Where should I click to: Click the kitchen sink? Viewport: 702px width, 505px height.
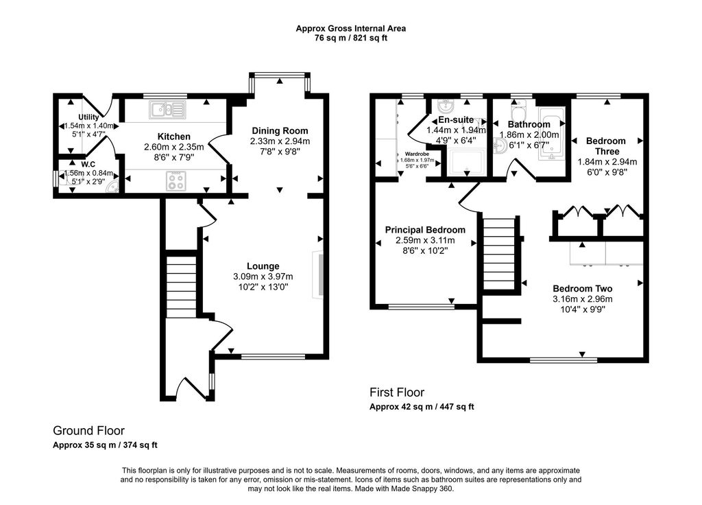tap(168, 108)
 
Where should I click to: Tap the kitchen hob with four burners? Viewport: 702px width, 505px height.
tap(176, 181)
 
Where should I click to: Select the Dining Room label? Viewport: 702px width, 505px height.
tap(280, 131)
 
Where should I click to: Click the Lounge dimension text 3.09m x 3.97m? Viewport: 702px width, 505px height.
tap(263, 277)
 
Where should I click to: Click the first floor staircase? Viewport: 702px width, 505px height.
tap(499, 254)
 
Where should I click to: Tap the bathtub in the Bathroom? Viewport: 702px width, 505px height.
tap(552, 134)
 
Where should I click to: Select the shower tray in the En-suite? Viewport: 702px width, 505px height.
tap(466, 163)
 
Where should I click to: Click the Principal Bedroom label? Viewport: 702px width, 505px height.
tap(425, 230)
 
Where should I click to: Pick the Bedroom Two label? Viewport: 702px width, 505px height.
tap(583, 289)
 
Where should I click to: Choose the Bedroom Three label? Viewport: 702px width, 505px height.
tap(607, 146)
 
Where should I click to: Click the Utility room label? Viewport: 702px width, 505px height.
tap(88, 117)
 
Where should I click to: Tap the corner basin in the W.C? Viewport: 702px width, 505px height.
tap(112, 188)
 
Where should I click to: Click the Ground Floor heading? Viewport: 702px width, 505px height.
tap(88, 431)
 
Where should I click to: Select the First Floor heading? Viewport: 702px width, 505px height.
tap(397, 392)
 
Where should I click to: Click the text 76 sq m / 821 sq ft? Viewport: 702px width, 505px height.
tap(351, 38)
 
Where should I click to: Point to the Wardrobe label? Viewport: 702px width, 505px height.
tap(417, 154)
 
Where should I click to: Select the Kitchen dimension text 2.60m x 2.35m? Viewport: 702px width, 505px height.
tap(173, 147)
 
